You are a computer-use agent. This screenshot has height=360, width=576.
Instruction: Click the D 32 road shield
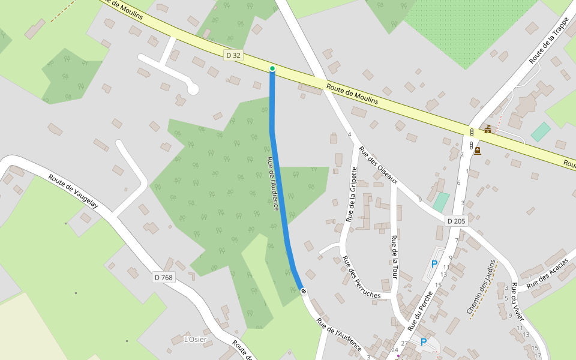coord(233,55)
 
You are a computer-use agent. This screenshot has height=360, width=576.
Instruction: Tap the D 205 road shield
coord(456,221)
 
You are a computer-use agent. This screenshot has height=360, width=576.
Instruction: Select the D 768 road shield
coord(163,277)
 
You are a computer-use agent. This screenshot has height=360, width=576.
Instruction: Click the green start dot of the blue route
coord(272,69)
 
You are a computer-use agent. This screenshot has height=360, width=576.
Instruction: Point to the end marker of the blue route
coord(304,291)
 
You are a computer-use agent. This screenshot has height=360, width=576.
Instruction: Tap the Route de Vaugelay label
coord(73,191)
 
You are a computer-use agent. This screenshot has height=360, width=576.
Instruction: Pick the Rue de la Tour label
coord(395,258)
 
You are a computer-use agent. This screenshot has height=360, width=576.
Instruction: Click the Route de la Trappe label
coord(549,40)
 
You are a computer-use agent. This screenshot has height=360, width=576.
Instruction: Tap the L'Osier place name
coord(195,340)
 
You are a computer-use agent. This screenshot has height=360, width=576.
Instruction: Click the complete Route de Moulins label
coord(352,94)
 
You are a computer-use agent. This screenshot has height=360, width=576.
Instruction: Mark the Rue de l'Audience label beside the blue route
coord(272,183)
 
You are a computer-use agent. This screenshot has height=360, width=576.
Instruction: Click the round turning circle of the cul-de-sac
coord(193,89)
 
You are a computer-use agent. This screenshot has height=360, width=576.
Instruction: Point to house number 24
coord(394,350)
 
